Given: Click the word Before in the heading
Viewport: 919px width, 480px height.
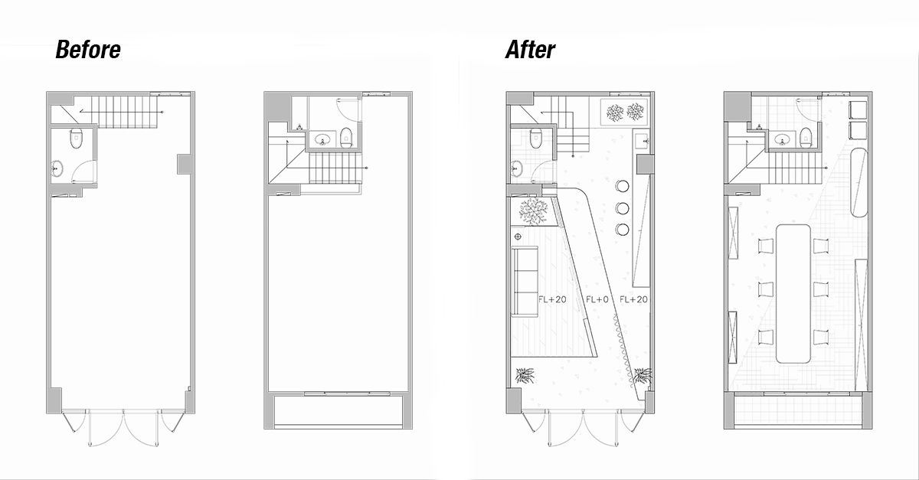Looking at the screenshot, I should (88, 51).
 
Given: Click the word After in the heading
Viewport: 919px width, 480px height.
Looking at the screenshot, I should (530, 51).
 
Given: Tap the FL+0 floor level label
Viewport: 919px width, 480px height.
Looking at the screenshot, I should (597, 299).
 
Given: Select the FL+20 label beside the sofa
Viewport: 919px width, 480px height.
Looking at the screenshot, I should (552, 299).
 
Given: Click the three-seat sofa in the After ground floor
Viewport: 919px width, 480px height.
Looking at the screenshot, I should (525, 282).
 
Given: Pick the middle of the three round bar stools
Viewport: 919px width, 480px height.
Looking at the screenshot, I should (621, 207).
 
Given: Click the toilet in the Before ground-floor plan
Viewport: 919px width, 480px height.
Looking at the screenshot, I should (76, 140).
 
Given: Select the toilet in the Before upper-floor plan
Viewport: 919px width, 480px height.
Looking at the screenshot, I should (345, 138).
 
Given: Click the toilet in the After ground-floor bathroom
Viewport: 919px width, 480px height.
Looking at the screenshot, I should (536, 139).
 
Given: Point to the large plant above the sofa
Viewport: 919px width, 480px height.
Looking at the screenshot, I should (534, 211).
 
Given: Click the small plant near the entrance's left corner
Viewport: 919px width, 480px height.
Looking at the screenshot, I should (526, 375).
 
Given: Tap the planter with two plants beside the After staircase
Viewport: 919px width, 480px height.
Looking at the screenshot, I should (624, 113).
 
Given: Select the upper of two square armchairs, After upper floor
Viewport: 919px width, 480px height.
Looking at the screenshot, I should (857, 108).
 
